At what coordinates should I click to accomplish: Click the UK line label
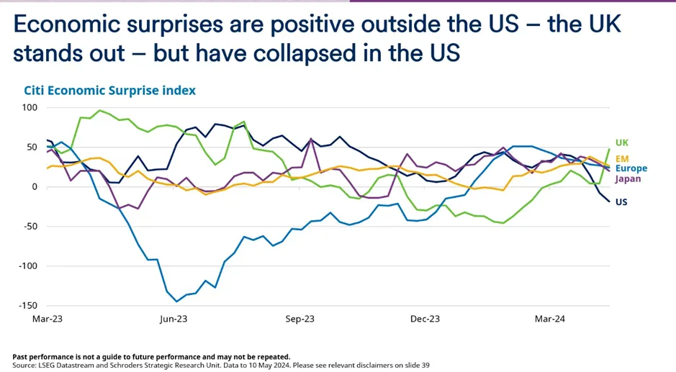(x=621, y=143)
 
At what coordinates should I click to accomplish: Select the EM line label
(x=621, y=158)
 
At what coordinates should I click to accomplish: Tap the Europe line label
(x=631, y=168)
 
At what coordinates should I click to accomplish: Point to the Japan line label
(x=628, y=178)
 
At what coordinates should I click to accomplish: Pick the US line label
(x=621, y=202)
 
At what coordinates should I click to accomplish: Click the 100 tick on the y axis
(x=29, y=108)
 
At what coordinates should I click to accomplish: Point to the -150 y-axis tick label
(x=27, y=306)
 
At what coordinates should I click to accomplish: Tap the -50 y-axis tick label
(x=29, y=227)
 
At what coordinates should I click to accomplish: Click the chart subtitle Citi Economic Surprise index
(x=109, y=91)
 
